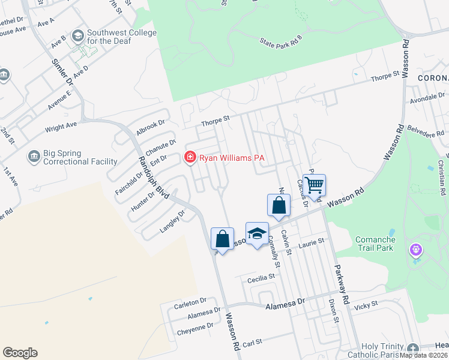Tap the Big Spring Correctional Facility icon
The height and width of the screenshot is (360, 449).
[x=34, y=158]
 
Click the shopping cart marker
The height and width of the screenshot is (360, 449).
[x=315, y=184]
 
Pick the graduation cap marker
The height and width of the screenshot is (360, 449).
[x=257, y=233]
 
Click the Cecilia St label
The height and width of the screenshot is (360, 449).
[x=261, y=278]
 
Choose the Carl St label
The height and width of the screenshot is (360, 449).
[x=253, y=343]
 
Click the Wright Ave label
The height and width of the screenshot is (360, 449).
[x=61, y=127]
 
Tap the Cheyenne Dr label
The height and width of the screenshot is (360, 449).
[x=195, y=328]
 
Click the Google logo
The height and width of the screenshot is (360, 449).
[x=20, y=353]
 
